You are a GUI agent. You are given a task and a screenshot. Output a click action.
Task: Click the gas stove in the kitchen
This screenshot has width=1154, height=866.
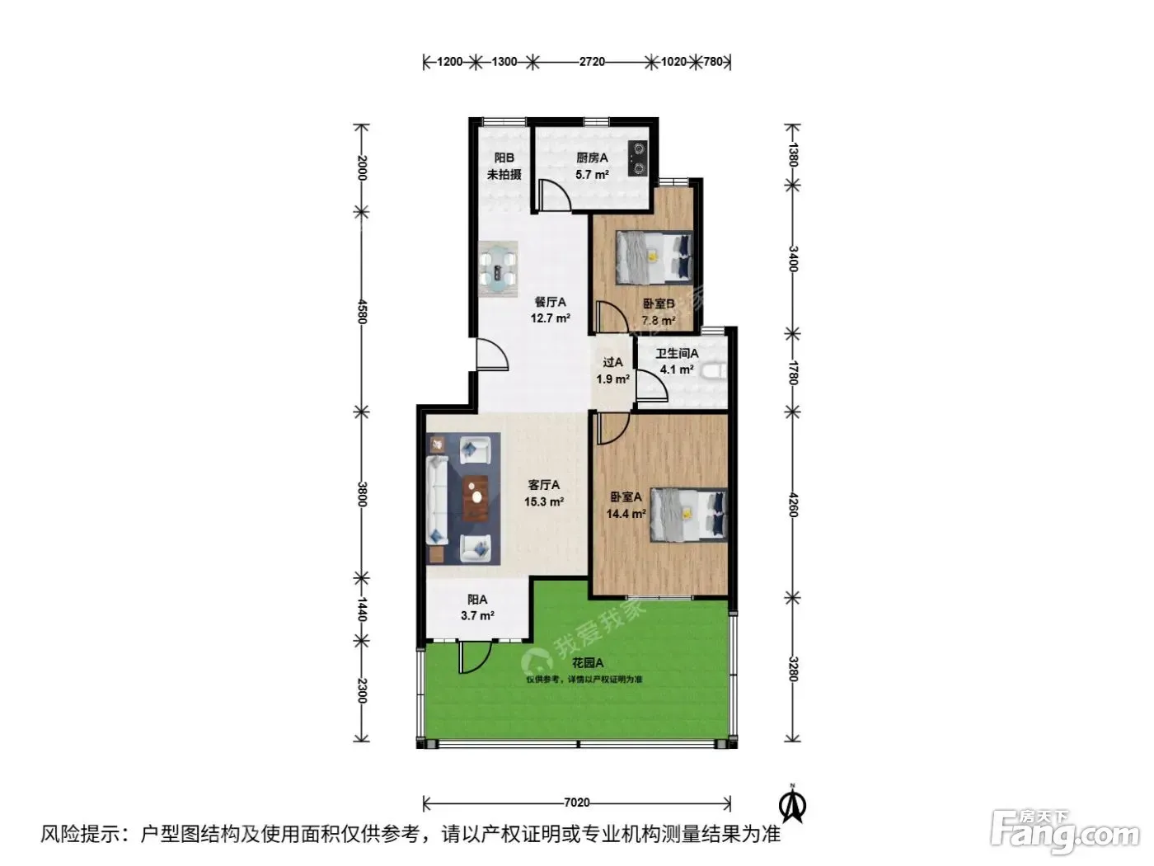point(637,159)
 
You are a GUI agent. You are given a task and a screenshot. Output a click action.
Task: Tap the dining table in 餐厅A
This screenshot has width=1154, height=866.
point(498,269)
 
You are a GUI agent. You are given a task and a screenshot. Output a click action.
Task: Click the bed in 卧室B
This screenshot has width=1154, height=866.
point(654,257)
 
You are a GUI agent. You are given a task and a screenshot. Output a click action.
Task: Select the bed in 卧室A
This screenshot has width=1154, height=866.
point(689,515)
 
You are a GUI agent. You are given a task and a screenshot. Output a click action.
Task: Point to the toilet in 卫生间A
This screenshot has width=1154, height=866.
point(713,371)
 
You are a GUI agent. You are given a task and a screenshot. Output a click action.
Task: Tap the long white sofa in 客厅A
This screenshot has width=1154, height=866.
point(438,500)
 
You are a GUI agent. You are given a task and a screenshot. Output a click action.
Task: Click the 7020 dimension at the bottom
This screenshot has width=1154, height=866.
point(577,802)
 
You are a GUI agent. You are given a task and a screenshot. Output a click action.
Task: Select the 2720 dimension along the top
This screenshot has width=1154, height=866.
point(592,62)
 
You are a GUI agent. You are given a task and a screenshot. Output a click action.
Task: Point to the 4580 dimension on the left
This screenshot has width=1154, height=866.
point(362,311)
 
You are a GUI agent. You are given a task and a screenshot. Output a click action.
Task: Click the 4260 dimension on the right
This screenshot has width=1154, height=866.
point(793,505)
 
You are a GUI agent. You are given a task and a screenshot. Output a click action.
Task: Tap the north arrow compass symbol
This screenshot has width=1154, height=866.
point(793,803)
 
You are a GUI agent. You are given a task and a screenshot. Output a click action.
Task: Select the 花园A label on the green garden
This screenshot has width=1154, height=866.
point(587,663)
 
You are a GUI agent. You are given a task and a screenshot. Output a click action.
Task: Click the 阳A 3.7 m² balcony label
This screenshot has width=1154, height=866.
point(477,607)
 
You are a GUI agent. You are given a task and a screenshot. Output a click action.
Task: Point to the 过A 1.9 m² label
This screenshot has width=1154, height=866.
point(613,370)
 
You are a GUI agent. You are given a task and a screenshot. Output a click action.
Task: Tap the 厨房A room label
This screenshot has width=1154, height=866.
point(592,158)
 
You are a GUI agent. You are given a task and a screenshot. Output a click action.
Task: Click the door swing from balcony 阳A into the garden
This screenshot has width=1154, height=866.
point(476,657)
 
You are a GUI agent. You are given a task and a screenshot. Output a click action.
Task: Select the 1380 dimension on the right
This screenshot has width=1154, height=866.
point(793,155)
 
